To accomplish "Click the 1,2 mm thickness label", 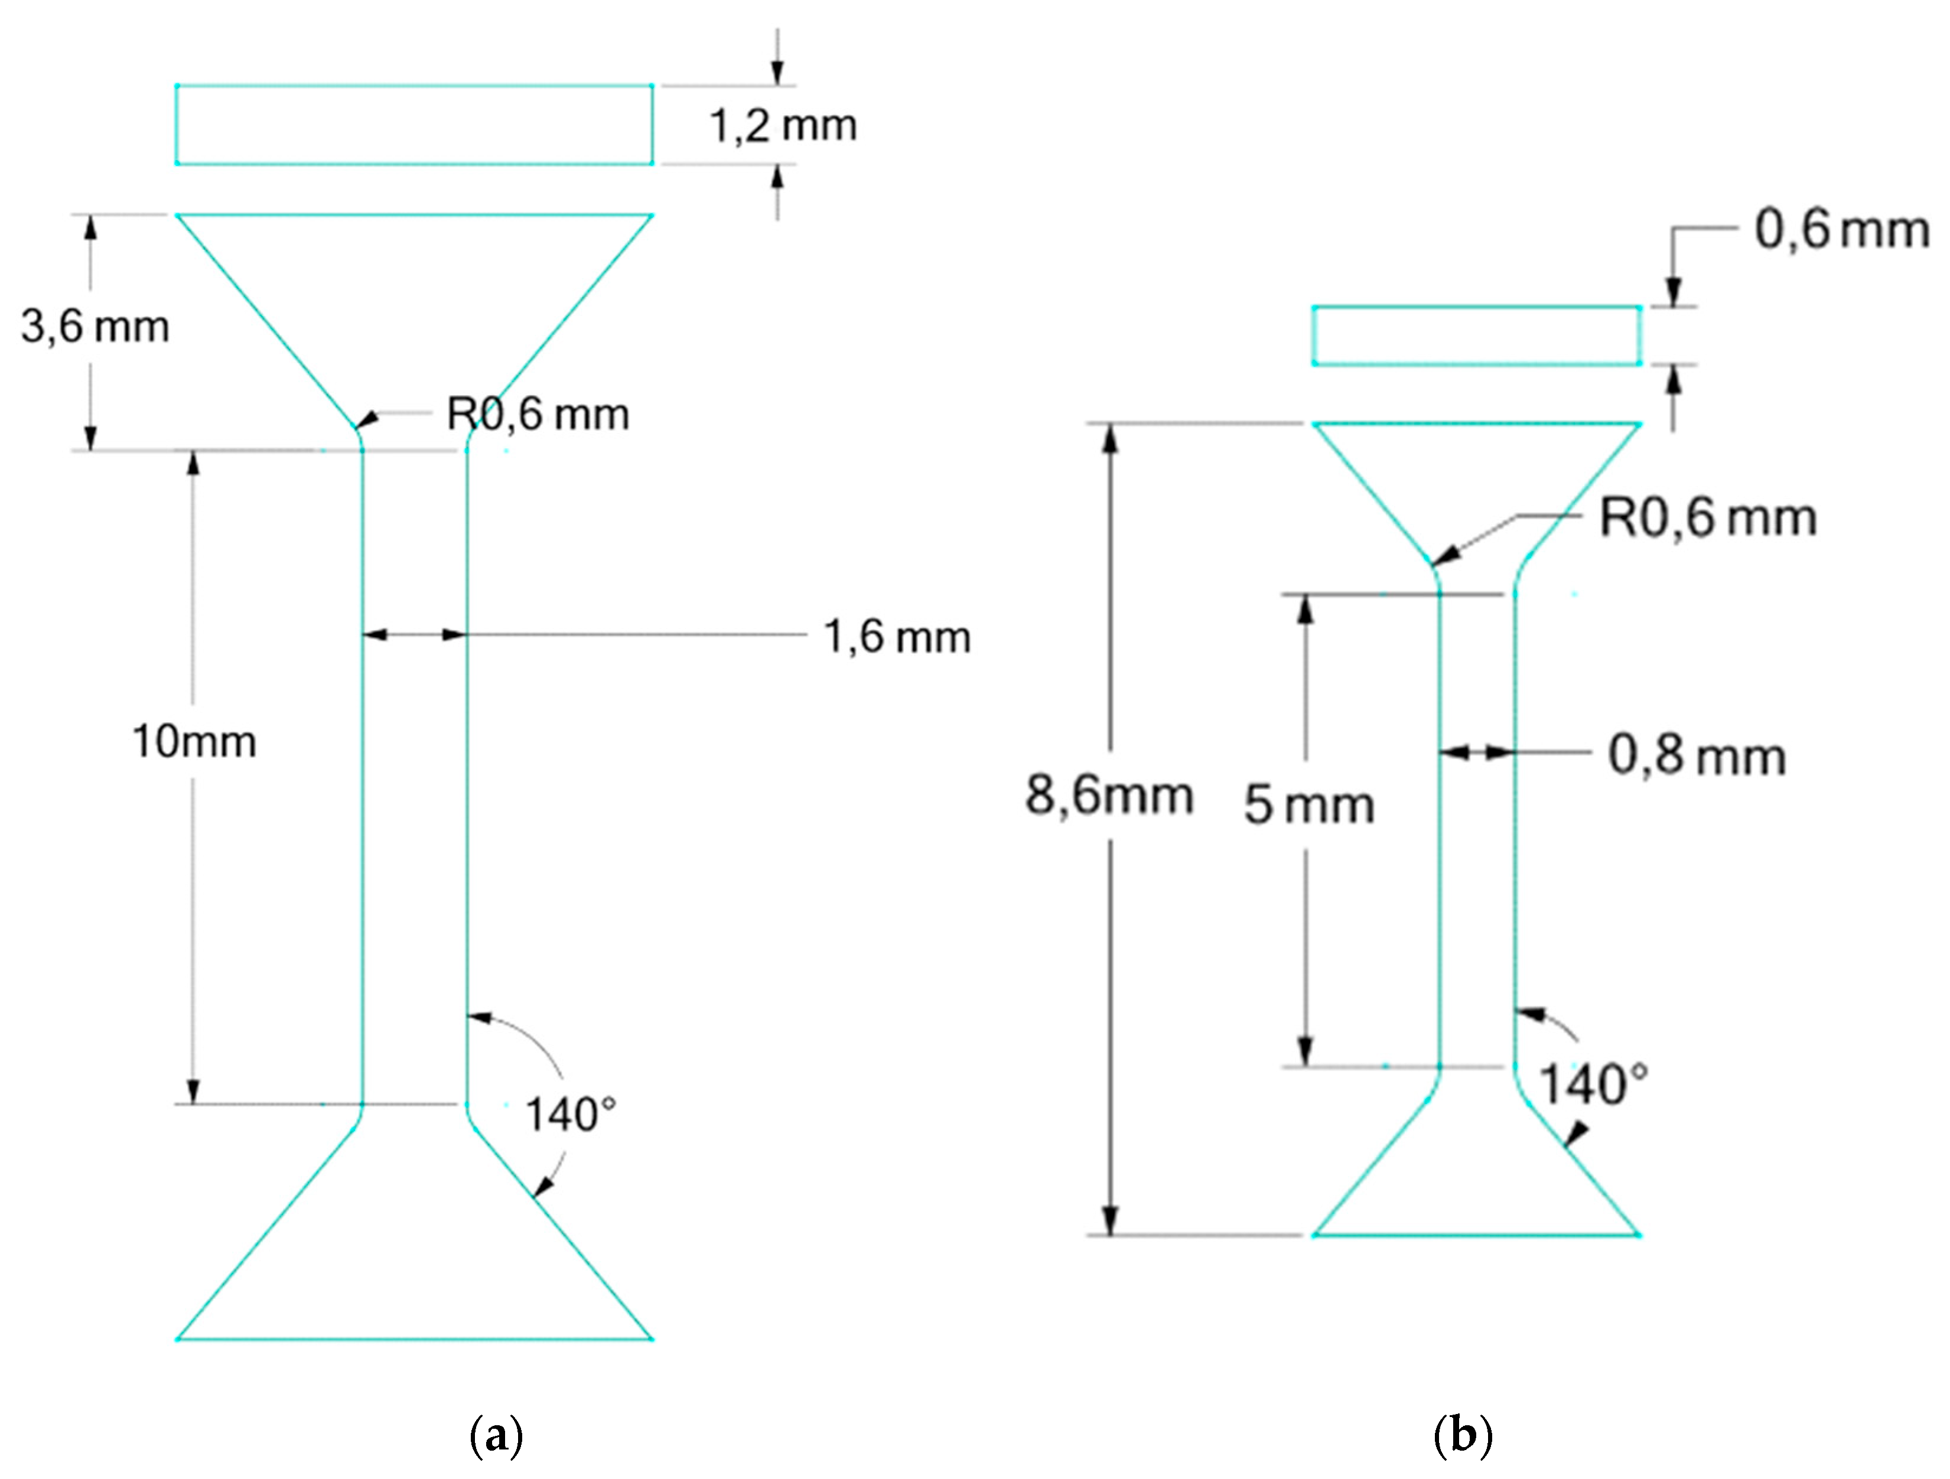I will pos(783,125).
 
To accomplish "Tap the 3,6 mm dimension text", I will pos(95,327).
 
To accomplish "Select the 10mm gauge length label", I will pos(194,741).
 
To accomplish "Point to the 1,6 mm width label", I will pos(897,636).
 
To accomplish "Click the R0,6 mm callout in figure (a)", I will pos(538,414).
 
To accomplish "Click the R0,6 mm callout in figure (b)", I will pos(1708,517).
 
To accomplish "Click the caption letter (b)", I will pos(1463,1436).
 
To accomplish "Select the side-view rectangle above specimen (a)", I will pos(414,125).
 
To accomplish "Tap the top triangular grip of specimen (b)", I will pos(1477,467).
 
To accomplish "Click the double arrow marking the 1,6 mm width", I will pos(414,634).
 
